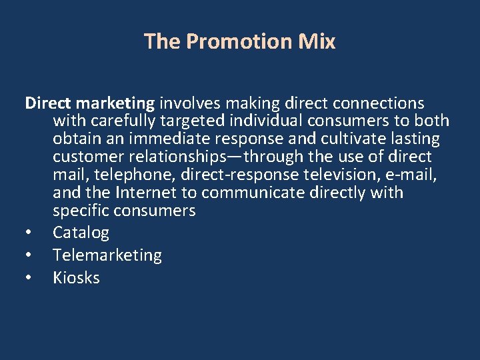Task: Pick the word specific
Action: tap(81, 211)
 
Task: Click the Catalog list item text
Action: tap(81, 233)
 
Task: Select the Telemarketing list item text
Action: tap(107, 255)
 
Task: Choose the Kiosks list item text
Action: tap(76, 278)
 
